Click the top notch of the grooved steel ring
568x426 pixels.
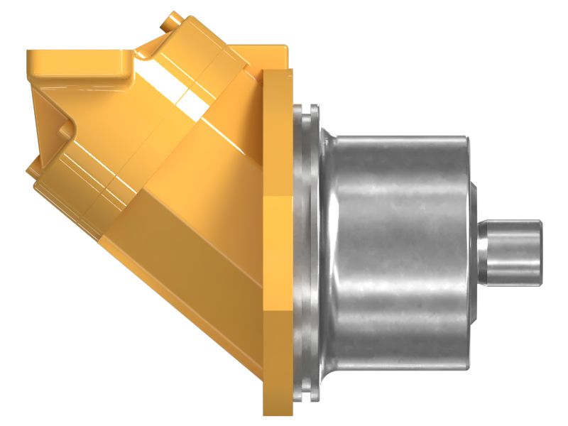[x=310, y=111]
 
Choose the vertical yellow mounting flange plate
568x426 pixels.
[x=278, y=241]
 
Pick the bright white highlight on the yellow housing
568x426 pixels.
[x=187, y=104]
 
